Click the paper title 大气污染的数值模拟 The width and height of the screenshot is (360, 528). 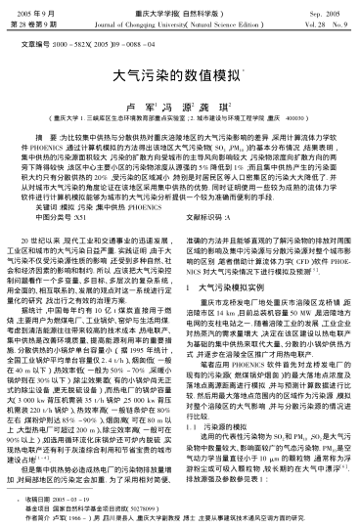click(180, 73)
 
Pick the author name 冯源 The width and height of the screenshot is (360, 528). click(179, 100)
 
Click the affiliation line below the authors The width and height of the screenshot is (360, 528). click(180, 114)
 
